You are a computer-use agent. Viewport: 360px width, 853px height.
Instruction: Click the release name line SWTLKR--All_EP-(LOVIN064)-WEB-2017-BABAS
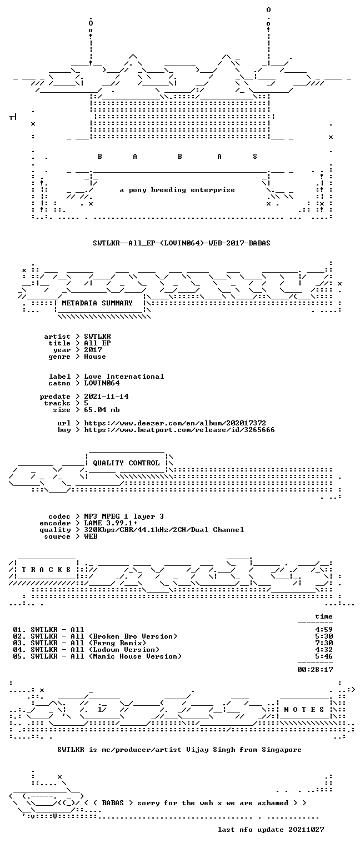pos(181,243)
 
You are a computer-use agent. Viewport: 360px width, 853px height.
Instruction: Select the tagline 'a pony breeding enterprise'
pos(177,190)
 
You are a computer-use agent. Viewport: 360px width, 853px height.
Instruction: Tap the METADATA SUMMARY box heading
pos(97,303)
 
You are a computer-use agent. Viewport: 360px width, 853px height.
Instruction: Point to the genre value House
pos(95,357)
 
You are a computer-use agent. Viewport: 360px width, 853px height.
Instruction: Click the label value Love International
pos(124,377)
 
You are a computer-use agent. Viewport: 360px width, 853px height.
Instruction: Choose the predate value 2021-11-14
pos(106,397)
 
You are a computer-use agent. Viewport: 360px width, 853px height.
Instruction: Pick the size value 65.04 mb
pos(102,410)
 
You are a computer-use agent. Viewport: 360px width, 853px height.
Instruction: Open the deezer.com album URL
pos(175,423)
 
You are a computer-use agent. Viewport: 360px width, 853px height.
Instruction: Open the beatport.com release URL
pos(179,430)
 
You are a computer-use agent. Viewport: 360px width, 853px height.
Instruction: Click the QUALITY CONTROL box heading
pos(126,463)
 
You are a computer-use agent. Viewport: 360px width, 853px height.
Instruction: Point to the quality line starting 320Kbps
pos(164,530)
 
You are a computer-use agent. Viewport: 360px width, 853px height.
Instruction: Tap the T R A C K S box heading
pos(46,570)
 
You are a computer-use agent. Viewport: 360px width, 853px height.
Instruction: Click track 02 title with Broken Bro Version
pos(104,636)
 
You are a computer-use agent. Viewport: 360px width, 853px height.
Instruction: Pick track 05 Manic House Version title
pos(106,656)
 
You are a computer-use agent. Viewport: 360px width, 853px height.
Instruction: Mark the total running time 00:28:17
pos(315,670)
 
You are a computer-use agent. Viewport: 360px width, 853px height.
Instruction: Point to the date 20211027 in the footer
pos(306,830)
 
